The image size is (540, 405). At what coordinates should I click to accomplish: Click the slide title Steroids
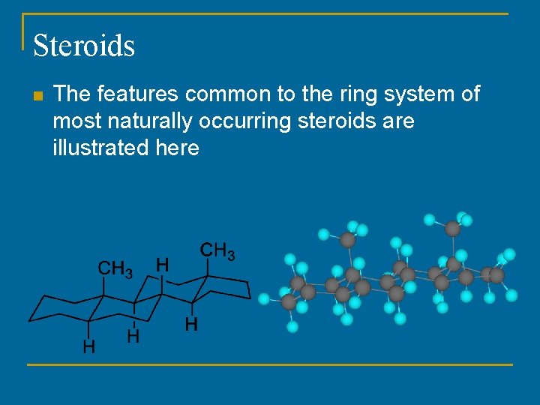[x=84, y=45]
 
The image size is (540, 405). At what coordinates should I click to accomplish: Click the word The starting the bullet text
[x=71, y=94]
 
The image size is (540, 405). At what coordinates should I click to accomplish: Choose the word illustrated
[x=100, y=148]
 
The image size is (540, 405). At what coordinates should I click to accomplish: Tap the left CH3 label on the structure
[x=115, y=268]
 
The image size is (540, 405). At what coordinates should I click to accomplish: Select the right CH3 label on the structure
[x=217, y=250]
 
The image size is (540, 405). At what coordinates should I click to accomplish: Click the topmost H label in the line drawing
[x=162, y=264]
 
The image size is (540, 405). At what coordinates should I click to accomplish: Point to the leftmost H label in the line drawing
[x=89, y=346]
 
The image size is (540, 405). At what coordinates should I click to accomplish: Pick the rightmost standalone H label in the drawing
[x=192, y=324]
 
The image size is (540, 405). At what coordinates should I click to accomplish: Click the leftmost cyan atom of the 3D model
[x=264, y=298]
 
